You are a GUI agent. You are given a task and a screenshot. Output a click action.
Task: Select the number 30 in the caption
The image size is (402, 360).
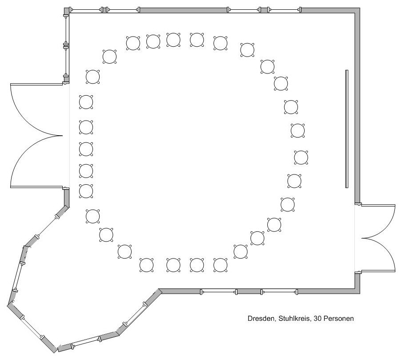(318, 319)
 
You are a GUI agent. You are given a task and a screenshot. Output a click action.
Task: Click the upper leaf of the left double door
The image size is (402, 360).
(36, 84)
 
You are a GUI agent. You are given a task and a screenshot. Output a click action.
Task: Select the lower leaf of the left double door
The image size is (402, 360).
(36, 186)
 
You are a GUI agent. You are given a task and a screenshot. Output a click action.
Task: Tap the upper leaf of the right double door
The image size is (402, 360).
(378, 205)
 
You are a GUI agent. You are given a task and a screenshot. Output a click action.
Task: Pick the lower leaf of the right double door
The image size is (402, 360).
(378, 271)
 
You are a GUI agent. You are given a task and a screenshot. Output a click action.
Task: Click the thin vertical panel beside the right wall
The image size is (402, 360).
(346, 129)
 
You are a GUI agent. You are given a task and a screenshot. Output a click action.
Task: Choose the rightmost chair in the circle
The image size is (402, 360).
(301, 158)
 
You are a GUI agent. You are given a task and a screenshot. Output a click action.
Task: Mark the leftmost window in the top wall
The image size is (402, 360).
(86, 10)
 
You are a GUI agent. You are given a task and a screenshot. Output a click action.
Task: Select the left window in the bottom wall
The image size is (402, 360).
(219, 292)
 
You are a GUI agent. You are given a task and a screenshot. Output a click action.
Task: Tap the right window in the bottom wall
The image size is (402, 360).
(279, 292)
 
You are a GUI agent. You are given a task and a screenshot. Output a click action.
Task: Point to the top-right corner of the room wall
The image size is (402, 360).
(360, 8)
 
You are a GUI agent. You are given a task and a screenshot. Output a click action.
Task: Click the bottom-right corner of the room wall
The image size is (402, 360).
(360, 293)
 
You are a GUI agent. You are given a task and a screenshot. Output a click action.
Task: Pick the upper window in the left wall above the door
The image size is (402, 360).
(66, 30)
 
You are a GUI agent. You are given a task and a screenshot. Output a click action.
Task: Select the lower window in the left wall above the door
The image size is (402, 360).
(66, 61)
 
